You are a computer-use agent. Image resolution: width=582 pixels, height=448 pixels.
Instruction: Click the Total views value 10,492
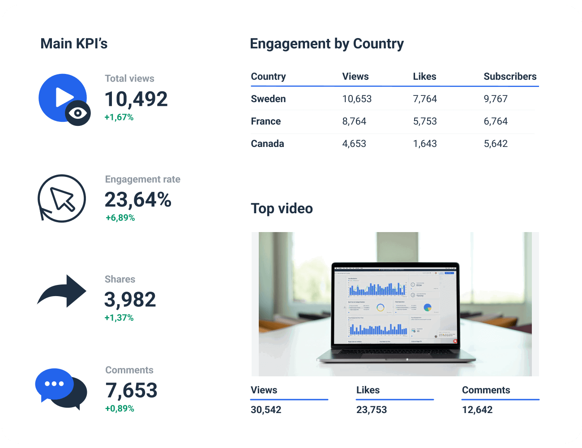[136, 99]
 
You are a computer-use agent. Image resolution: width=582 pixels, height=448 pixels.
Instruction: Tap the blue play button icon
[63, 98]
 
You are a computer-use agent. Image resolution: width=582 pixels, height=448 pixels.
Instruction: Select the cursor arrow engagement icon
[62, 198]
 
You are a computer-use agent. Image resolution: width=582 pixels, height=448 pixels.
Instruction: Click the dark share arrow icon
[63, 291]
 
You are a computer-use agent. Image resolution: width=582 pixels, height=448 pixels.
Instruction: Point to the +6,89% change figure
[120, 218]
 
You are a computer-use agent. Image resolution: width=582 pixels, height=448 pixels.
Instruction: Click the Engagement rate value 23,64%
[138, 200]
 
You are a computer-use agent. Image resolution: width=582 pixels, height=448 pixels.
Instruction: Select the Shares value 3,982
[130, 300]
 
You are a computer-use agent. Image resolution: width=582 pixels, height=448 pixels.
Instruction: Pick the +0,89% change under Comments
[120, 409]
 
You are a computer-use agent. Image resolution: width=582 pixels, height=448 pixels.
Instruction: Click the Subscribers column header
[510, 77]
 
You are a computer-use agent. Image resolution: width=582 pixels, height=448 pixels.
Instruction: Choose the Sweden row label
[268, 99]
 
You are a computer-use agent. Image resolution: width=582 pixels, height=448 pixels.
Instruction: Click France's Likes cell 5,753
[425, 121]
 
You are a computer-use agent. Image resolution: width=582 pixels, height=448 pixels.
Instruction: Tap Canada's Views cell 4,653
[354, 144]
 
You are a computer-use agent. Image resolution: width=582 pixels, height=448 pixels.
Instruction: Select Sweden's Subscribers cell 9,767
[496, 99]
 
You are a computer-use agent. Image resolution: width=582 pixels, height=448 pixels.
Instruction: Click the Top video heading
[282, 209]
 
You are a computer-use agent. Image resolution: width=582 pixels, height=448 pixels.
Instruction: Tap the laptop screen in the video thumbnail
[395, 307]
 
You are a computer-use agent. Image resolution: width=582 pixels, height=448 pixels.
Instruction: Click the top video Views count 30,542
[266, 409]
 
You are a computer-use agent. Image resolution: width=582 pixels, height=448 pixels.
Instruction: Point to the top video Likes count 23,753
[372, 409]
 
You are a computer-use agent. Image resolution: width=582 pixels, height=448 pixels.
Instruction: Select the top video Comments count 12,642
[477, 409]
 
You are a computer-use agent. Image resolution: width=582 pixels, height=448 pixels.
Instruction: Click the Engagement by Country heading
[327, 44]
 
